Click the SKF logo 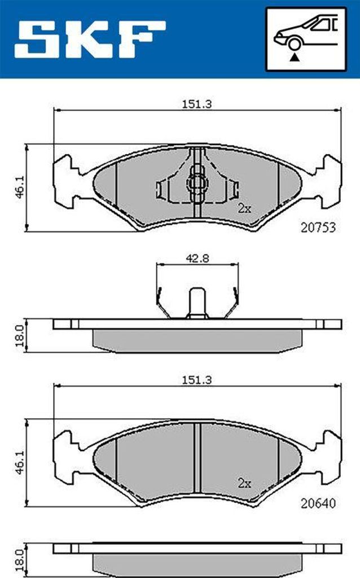point(90,39)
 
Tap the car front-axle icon point(306,39)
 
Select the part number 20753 point(318,227)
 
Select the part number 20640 point(318,503)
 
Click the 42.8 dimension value point(197,259)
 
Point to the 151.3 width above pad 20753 point(197,104)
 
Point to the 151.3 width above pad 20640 point(197,380)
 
